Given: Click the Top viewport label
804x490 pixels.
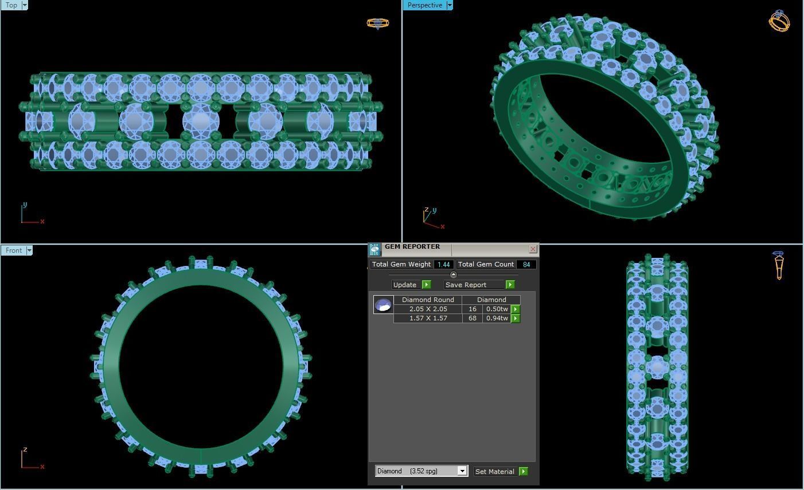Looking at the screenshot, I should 11,5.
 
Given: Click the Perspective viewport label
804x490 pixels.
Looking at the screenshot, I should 424,5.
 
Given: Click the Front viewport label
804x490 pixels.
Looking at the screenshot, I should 14,250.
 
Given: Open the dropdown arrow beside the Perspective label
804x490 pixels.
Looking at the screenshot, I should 449,5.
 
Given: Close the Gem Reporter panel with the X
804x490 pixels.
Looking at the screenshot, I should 533,249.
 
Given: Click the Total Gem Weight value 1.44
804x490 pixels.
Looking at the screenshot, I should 443,264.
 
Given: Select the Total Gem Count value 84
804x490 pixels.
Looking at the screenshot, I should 526,264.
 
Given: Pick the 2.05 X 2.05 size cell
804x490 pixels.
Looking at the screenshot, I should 428,309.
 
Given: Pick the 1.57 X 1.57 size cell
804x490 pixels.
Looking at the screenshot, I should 428,318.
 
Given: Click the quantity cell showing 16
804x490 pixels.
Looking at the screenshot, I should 472,309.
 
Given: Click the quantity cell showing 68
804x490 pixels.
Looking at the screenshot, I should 472,318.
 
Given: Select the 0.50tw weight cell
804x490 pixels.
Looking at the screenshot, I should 497,309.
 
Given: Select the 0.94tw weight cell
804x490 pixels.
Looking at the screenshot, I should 497,318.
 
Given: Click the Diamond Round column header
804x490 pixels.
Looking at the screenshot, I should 428,300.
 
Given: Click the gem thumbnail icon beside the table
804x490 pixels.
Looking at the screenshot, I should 383,304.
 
